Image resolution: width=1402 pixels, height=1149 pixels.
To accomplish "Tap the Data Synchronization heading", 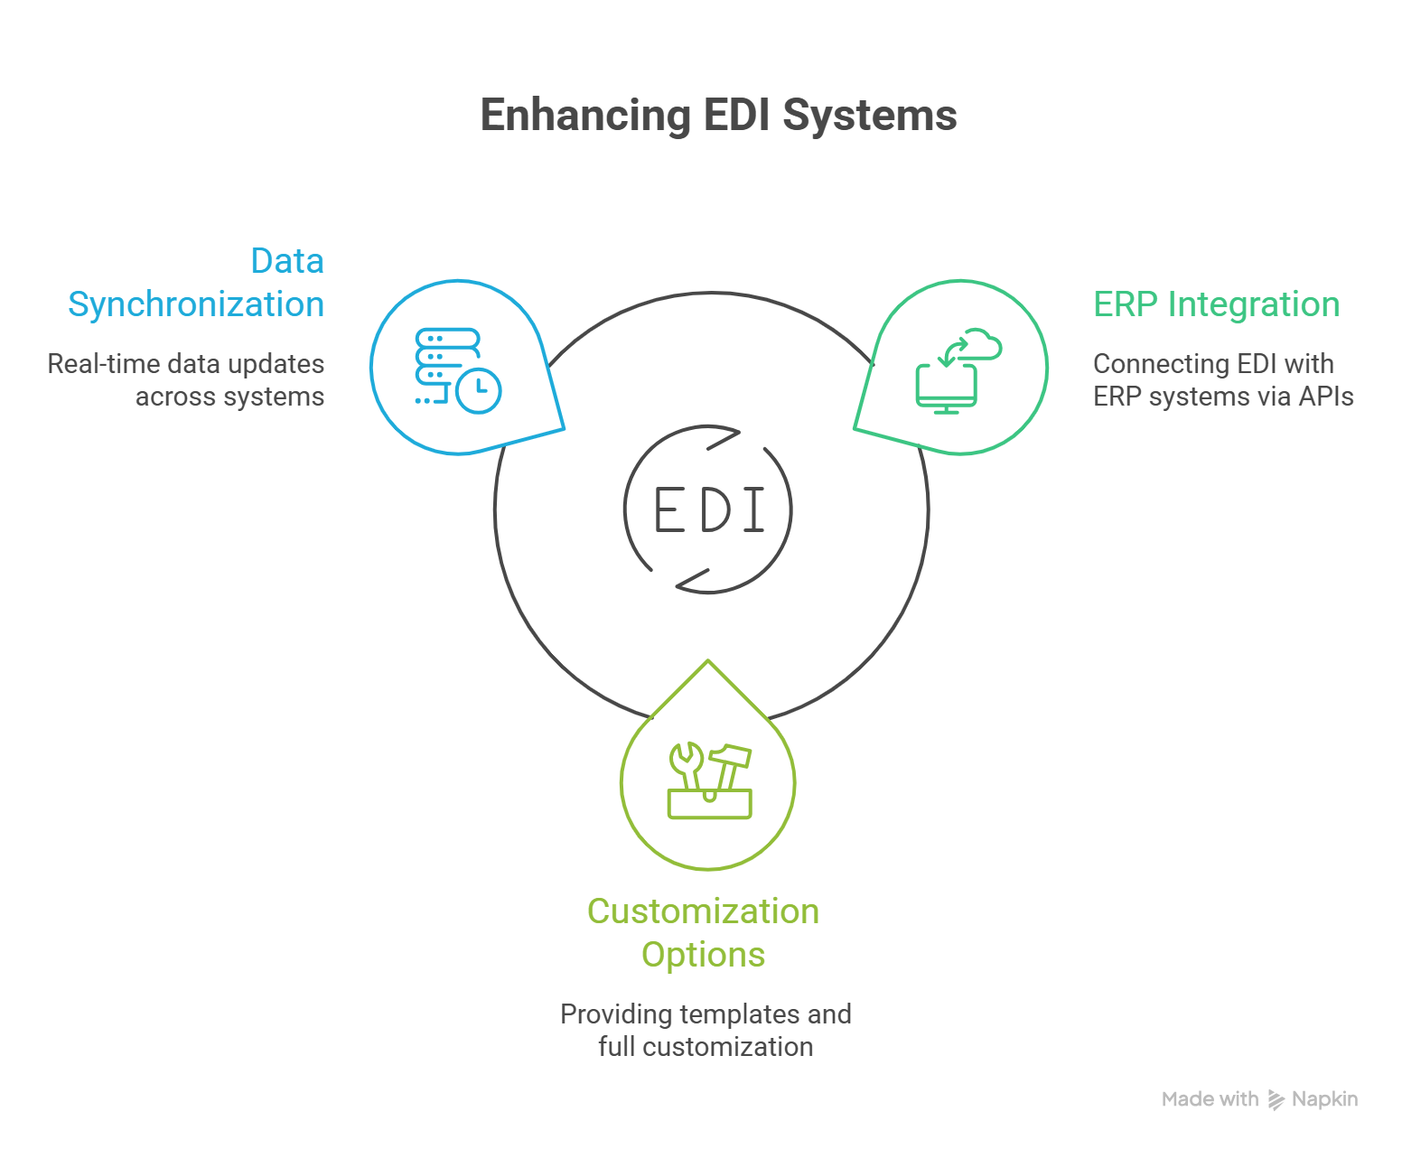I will point(196,283).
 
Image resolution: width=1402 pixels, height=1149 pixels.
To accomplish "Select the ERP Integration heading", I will point(1216,304).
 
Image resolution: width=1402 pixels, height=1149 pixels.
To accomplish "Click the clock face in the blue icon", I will point(478,390).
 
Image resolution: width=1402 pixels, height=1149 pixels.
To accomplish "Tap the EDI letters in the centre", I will point(709,510).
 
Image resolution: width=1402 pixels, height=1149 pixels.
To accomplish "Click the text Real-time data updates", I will point(186,364).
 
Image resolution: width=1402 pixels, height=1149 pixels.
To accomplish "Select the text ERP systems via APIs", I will point(1223,397).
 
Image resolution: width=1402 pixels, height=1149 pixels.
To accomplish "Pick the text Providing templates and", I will point(706,1014).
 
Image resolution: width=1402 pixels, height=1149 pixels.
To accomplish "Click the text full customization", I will point(706,1047).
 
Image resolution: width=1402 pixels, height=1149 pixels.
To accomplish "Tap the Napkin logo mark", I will point(1276,1099).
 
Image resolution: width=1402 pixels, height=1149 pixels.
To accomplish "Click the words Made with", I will point(1210,1099).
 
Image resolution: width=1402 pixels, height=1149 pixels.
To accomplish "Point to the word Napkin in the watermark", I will point(1324,1099).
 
